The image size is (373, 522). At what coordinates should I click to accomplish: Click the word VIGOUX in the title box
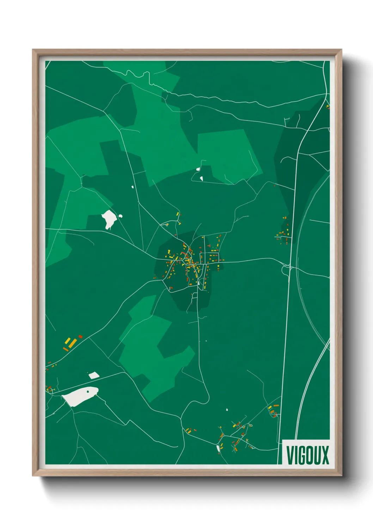307,455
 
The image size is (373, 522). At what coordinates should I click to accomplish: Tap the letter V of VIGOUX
290,455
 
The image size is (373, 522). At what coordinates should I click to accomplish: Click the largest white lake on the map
80,396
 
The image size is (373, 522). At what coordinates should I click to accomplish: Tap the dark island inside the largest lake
87,391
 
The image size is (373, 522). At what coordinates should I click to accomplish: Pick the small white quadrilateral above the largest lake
94,375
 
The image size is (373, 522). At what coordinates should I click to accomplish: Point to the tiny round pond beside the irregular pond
121,216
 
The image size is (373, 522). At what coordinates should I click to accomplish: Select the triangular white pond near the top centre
201,178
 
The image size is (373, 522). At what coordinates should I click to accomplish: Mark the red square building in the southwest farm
80,336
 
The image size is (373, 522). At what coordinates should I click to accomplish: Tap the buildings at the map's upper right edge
328,106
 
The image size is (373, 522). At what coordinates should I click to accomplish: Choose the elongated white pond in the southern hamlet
218,448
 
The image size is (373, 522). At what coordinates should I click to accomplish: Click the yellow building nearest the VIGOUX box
270,408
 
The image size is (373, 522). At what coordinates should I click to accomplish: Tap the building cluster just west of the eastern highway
284,233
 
